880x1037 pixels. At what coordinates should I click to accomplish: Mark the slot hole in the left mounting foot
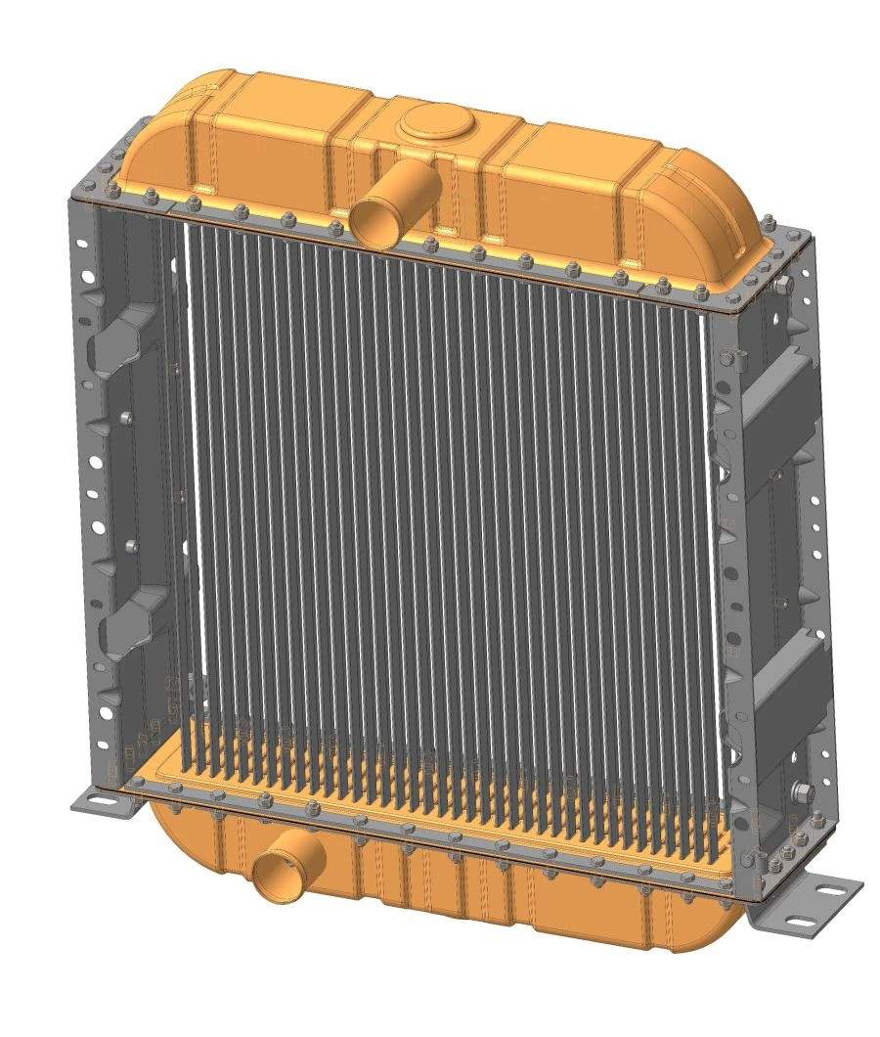click(97, 802)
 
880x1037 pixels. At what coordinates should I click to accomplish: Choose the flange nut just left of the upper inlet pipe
click(336, 228)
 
